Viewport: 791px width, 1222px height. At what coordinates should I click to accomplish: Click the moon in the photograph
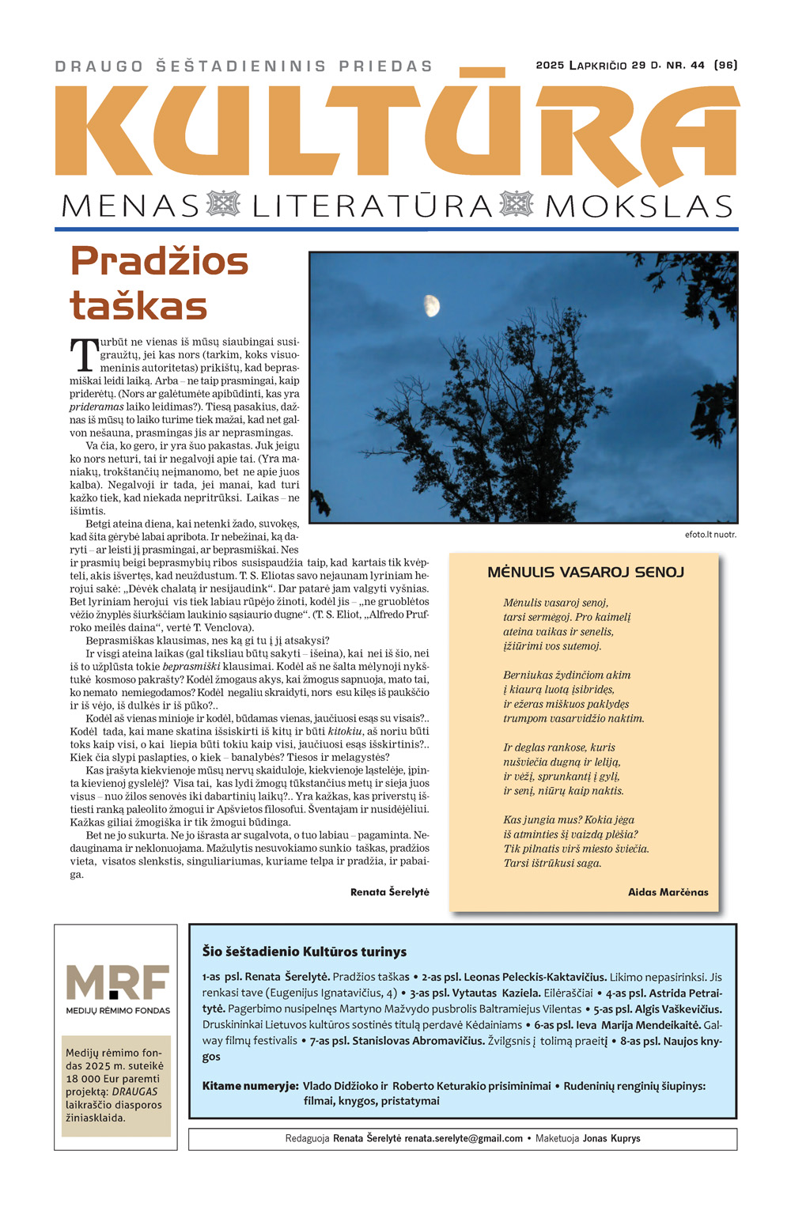pos(431,304)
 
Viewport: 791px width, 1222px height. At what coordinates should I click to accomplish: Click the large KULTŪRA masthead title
pos(395,131)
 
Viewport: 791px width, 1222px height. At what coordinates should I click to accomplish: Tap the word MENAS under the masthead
pos(130,206)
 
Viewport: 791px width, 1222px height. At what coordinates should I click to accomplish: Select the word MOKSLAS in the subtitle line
pos(638,206)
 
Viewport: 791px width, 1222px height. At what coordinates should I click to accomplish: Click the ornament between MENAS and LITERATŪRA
pos(222,204)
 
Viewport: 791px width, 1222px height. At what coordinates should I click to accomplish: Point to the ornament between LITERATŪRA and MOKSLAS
pos(517,204)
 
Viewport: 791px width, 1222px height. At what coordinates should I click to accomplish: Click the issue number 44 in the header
pos(697,66)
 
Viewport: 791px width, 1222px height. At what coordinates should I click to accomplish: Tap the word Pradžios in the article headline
pos(159,261)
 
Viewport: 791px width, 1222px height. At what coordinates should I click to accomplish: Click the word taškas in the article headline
pos(138,306)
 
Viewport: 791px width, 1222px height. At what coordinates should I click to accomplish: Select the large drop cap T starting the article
pos(83,356)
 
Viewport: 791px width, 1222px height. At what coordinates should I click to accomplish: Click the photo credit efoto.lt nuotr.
pos(710,535)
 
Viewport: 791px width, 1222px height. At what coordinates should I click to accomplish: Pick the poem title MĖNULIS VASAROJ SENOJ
pos(585,572)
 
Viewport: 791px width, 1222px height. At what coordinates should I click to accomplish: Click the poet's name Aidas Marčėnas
pos(668,892)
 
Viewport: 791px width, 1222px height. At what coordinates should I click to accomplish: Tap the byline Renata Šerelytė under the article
pos(389,892)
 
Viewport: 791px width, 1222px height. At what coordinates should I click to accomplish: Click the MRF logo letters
pos(117,982)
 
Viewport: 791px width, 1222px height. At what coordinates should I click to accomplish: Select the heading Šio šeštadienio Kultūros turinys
pos(304,951)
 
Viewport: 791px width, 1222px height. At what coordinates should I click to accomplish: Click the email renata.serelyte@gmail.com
pos(464,1139)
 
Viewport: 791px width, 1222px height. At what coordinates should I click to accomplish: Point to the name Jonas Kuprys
pos(611,1139)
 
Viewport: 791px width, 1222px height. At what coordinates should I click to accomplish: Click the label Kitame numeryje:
pos(250,1086)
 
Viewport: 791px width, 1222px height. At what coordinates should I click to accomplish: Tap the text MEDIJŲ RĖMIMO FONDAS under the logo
pos(117,1010)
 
